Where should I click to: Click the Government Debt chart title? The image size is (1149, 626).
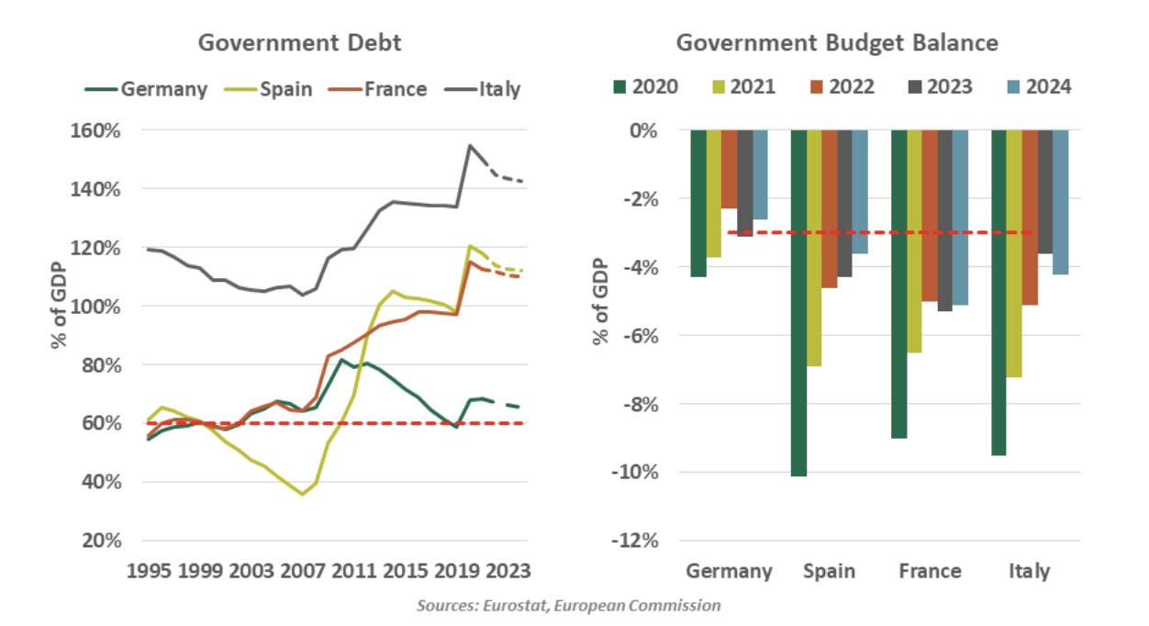[x=300, y=43]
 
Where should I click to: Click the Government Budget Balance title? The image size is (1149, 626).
[x=837, y=43]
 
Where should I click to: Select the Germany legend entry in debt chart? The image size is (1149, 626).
[x=146, y=89]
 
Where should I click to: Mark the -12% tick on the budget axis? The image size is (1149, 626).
[x=636, y=541]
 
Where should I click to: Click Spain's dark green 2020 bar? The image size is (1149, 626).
[x=799, y=303]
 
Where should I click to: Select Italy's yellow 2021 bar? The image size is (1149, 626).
[x=1015, y=253]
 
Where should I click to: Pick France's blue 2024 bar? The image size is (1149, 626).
[x=960, y=218]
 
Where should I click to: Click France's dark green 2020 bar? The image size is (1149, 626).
[x=899, y=284]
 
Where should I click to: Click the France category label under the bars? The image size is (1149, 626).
[x=930, y=571]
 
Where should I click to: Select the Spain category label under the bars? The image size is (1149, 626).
[x=829, y=571]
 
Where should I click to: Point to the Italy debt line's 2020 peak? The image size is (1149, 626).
[x=469, y=145]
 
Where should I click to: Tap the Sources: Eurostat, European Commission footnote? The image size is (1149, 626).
[x=568, y=606]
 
